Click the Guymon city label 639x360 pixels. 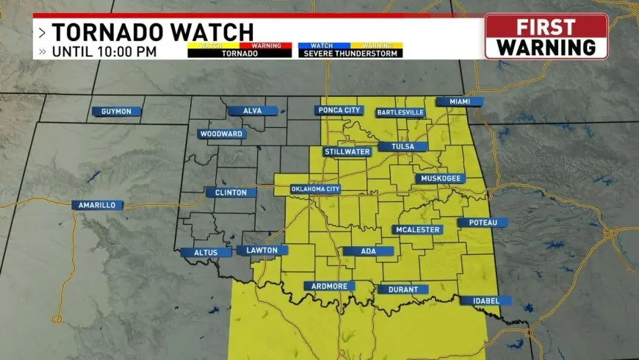[116, 112]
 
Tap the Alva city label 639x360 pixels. [253, 111]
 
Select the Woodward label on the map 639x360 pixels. [222, 134]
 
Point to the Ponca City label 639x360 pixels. [339, 110]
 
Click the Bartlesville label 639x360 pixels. [400, 112]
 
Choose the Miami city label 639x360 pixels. [459, 101]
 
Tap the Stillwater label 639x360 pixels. [347, 152]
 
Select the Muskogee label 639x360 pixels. [440, 179]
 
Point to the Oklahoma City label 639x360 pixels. [316, 189]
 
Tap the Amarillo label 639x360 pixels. [97, 205]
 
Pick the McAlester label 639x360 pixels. [417, 229]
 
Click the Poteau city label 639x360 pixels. [483, 222]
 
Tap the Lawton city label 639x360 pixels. [262, 251]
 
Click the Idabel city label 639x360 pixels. [485, 300]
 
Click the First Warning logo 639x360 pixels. [546, 36]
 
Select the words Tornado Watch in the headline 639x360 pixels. [152, 32]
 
